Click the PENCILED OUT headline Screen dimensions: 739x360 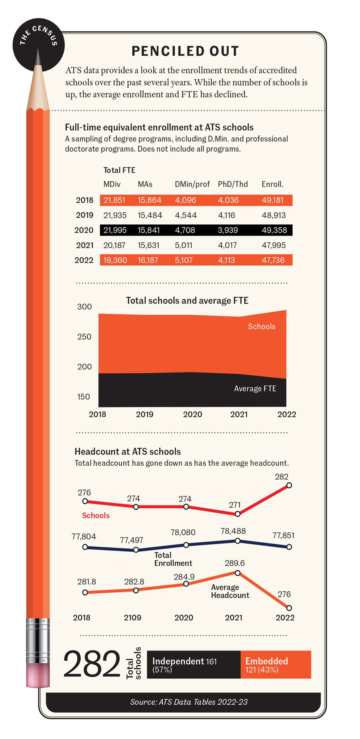pyautogui.click(x=185, y=51)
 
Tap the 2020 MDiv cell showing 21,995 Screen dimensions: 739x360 pyautogui.click(x=115, y=230)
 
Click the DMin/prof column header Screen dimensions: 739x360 pyautogui.click(x=192, y=184)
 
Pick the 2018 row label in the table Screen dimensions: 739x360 pyautogui.click(x=84, y=200)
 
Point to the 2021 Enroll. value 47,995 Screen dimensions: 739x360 pyautogui.click(x=274, y=245)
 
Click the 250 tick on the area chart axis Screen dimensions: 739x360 pyautogui.click(x=84, y=337)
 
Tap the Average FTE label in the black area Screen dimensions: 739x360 pyautogui.click(x=255, y=388)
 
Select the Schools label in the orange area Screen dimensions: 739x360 pyautogui.click(x=262, y=326)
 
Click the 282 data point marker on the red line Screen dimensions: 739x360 pyautogui.click(x=289, y=485)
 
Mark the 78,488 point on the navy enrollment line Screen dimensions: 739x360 pyautogui.click(x=237, y=541)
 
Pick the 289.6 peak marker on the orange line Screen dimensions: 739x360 pyautogui.click(x=237, y=573)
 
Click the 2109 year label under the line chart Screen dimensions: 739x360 pyautogui.click(x=132, y=617)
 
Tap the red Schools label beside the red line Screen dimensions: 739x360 pyautogui.click(x=96, y=516)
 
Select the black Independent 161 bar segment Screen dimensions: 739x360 pyautogui.click(x=194, y=665)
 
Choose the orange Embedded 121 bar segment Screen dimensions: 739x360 pyautogui.click(x=276, y=665)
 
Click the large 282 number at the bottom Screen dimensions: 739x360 pyautogui.click(x=92, y=664)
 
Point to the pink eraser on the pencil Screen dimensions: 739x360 pyautogui.click(x=38, y=674)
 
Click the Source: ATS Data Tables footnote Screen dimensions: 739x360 pyautogui.click(x=189, y=702)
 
